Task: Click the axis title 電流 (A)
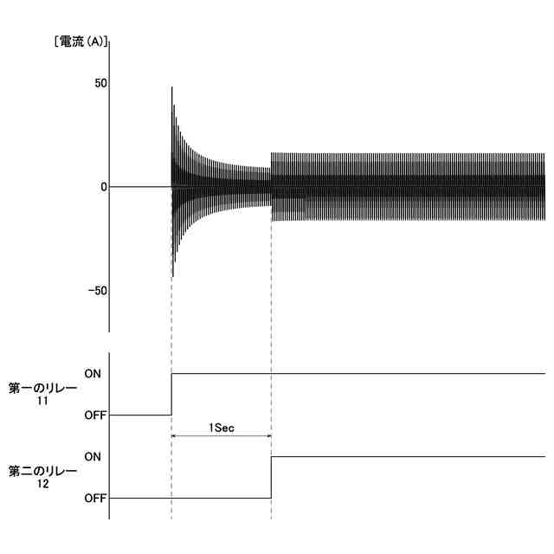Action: point(81,42)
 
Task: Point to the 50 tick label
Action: point(100,83)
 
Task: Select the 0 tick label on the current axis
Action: point(104,187)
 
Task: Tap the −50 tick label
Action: point(98,291)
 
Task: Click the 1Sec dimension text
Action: point(222,428)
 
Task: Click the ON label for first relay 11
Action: point(93,373)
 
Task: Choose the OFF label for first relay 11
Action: point(95,415)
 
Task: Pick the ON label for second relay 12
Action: point(93,457)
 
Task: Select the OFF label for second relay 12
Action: point(95,499)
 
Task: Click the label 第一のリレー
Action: point(42,389)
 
